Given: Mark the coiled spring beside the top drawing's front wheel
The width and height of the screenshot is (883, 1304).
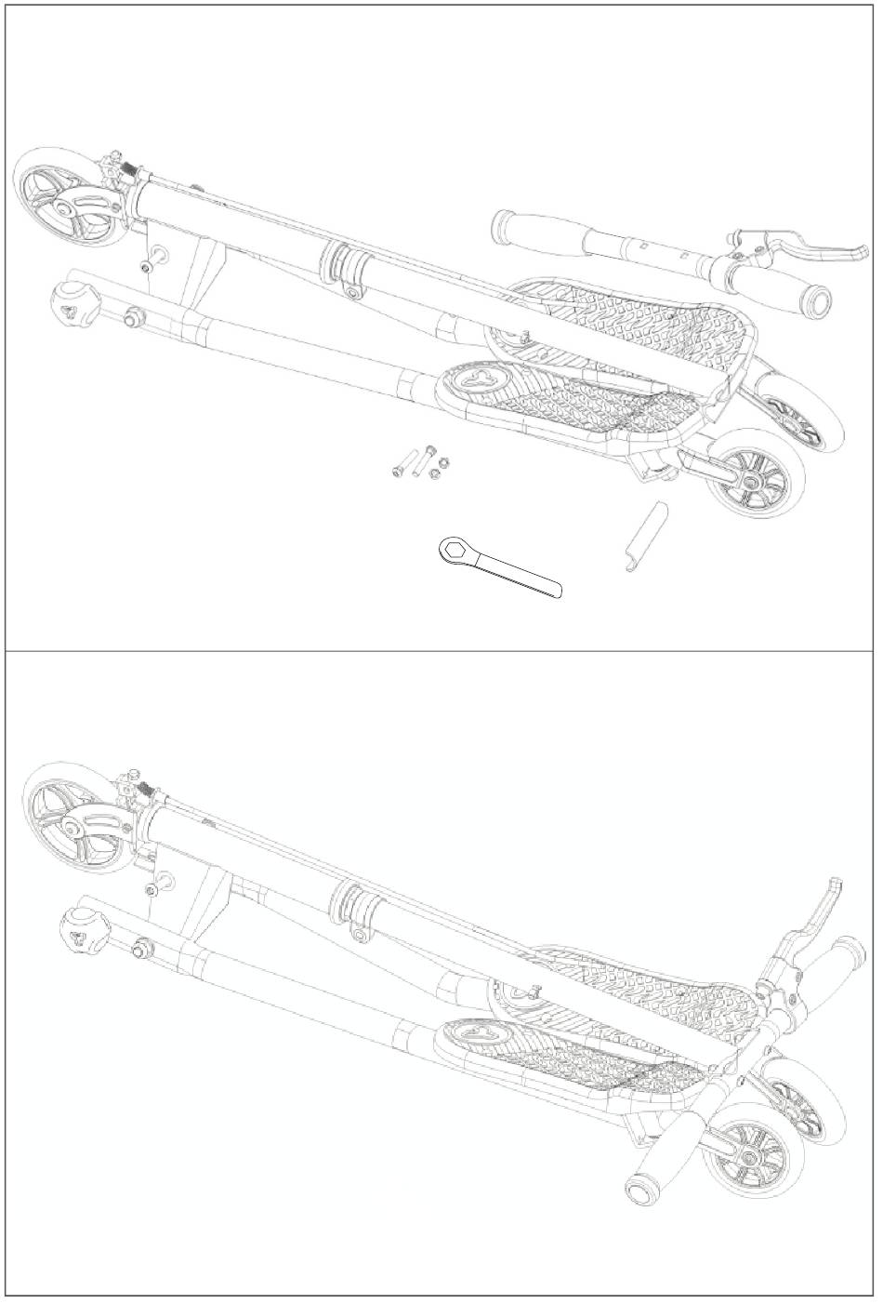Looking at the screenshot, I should [132, 170].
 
